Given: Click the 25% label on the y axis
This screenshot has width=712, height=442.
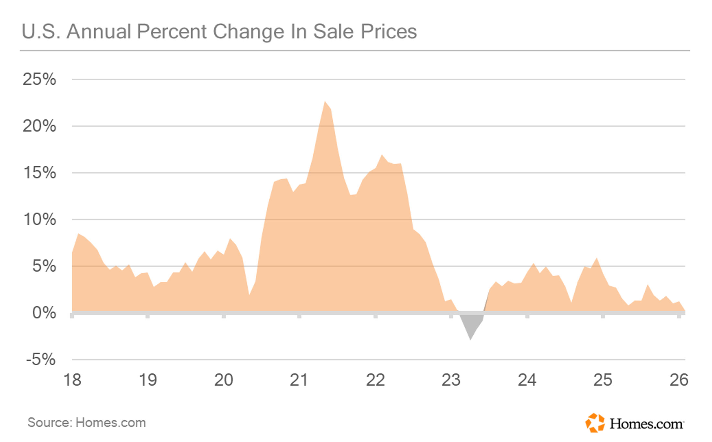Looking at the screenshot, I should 39,79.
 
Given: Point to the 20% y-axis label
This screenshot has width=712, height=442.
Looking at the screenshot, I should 39,126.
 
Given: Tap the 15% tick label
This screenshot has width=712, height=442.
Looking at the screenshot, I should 39,173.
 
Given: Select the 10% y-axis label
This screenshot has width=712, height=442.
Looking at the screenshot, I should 39,219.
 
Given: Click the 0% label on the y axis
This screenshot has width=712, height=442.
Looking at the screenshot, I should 44,313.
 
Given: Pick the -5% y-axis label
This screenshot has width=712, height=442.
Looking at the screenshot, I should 41,359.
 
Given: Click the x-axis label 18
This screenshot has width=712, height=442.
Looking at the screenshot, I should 72,380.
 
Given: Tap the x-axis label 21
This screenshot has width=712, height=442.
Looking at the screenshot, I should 299,380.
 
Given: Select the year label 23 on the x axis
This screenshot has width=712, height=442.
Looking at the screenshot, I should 451,380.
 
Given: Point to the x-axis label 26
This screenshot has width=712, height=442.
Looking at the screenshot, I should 679,380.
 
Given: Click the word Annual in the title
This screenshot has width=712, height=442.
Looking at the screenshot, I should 99,32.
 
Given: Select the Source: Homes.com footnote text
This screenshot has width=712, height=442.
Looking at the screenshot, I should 87,423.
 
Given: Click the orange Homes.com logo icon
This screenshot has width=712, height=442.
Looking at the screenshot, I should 595,423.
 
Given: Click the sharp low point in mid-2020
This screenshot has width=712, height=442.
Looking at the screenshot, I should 249,294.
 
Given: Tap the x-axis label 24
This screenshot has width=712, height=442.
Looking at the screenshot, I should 527,380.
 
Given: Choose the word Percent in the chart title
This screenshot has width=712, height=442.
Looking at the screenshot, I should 172,32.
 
